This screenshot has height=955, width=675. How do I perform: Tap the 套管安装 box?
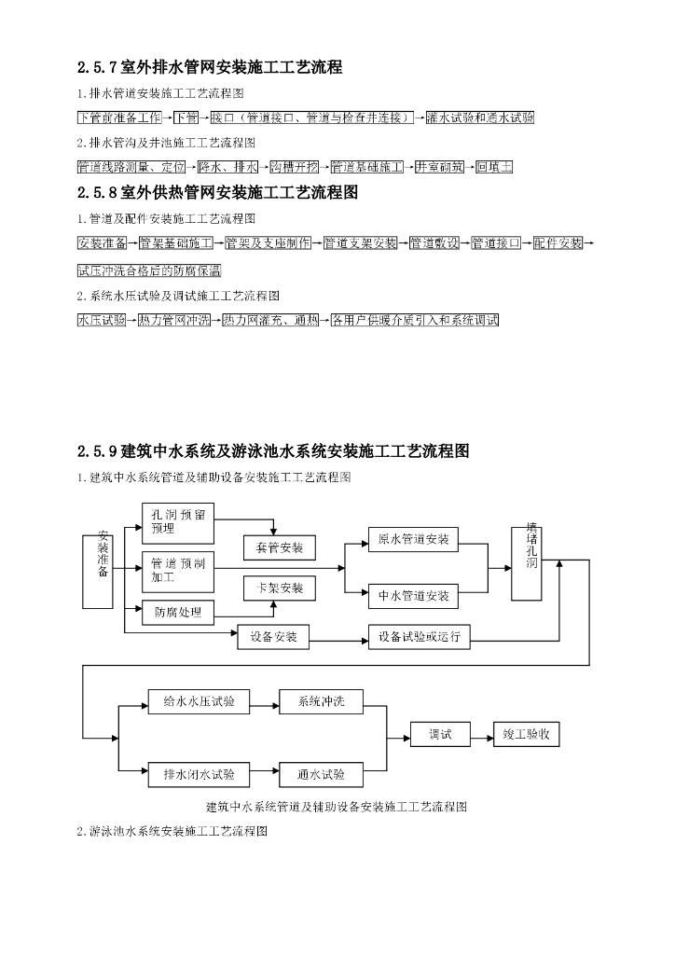pos(280,547)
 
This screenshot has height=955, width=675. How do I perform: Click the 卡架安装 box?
pos(280,588)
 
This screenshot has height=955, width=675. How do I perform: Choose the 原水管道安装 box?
pos(413,540)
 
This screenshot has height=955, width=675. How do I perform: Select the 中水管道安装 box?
pos(413,595)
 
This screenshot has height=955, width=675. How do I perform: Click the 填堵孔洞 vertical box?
pos(530,562)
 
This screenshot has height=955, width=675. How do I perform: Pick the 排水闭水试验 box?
pos(199,774)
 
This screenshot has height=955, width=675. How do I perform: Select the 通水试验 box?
pos(321,774)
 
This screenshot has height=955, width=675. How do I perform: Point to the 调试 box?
pos(440,736)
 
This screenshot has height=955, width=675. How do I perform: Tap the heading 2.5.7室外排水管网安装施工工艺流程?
pos(211,67)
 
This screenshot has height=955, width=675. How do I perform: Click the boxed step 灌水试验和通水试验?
pos(480,118)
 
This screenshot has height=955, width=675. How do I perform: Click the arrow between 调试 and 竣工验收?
pos(481,736)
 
